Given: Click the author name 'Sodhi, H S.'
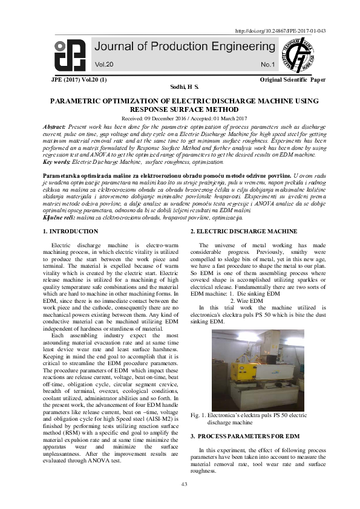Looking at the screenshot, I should pos(180,87).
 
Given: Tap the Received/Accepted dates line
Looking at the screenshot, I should pos(180,118).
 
